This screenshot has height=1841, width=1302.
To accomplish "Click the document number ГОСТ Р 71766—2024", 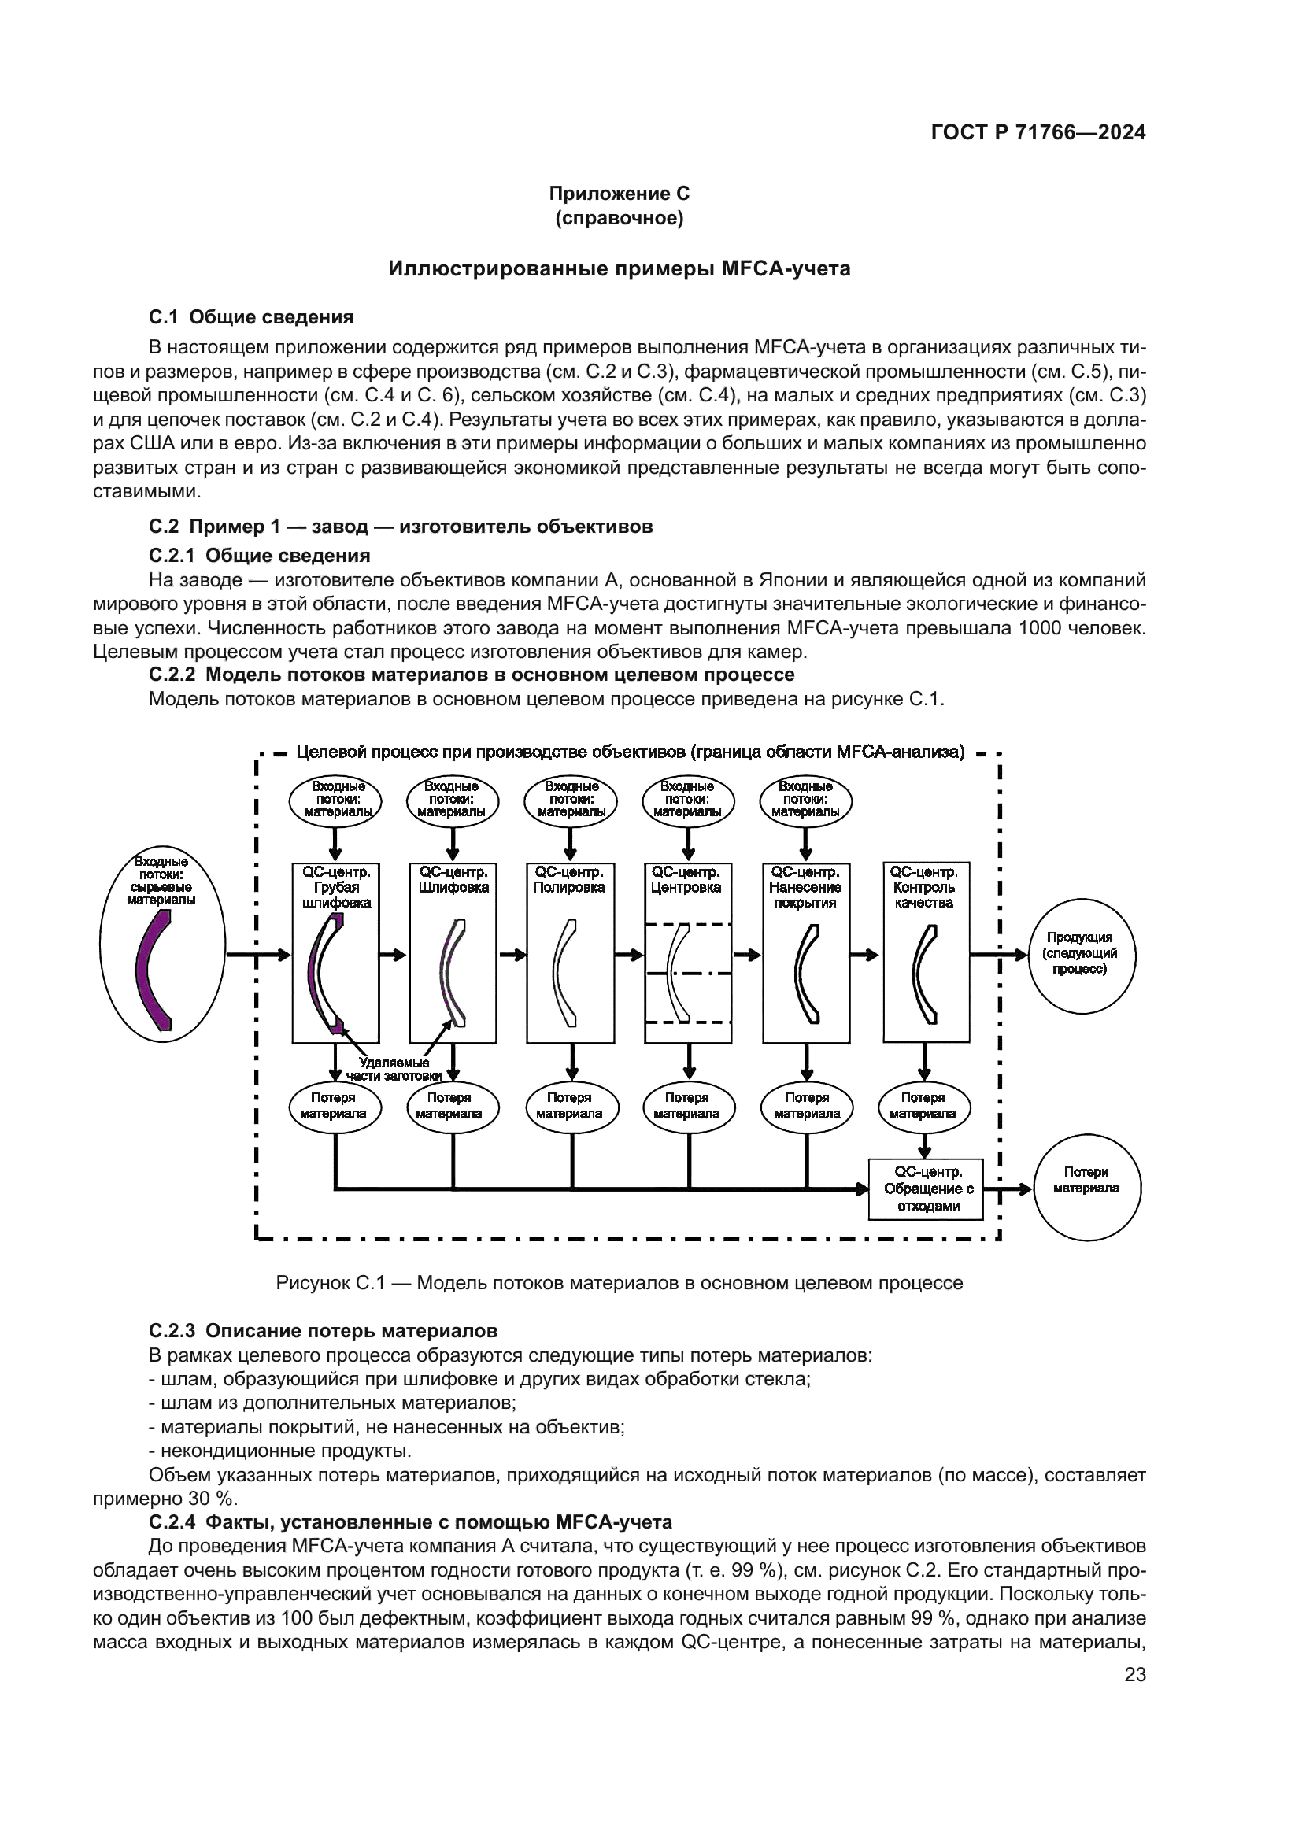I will (x=1038, y=133).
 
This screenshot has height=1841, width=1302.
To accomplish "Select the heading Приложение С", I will (x=619, y=194).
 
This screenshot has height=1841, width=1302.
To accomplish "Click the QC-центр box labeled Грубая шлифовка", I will (x=335, y=952).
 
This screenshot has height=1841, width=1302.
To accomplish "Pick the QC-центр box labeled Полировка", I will (x=570, y=952).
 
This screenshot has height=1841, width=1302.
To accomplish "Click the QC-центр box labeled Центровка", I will (x=688, y=952).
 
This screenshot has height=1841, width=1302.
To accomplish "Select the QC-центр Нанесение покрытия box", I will (x=806, y=952).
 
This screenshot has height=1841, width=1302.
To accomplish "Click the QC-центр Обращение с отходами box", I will (x=926, y=1189).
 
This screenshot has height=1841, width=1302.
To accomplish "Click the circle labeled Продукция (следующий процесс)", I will (x=1082, y=953).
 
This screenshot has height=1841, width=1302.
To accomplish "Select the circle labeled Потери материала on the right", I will (x=1086, y=1189).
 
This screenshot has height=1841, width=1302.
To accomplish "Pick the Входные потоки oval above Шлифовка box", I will (x=452, y=800).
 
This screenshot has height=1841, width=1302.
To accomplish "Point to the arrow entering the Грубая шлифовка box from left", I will (x=258, y=954).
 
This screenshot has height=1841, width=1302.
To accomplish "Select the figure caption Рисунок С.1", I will (x=619, y=1283).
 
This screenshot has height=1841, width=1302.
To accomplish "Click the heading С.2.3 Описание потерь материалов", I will (x=323, y=1331).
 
